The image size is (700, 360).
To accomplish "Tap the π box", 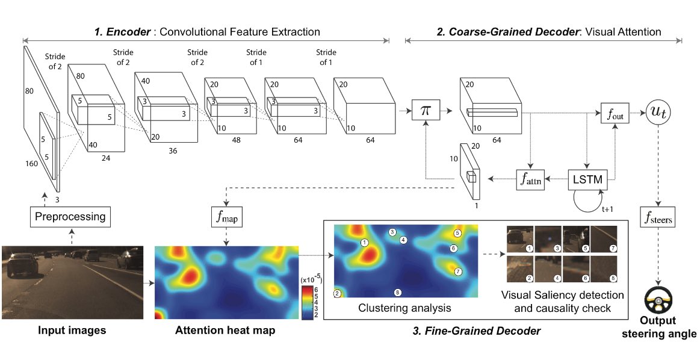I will tap(426, 111).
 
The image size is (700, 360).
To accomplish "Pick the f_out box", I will tap(614, 113).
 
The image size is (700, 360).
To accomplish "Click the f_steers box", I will tap(657, 220).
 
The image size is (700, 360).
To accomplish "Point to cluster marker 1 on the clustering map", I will tap(364, 242).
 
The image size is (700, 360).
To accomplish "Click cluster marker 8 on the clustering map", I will tap(397, 293).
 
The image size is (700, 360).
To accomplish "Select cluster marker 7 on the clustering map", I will tap(457, 272).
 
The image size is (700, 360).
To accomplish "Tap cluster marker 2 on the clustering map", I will tap(337, 294).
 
